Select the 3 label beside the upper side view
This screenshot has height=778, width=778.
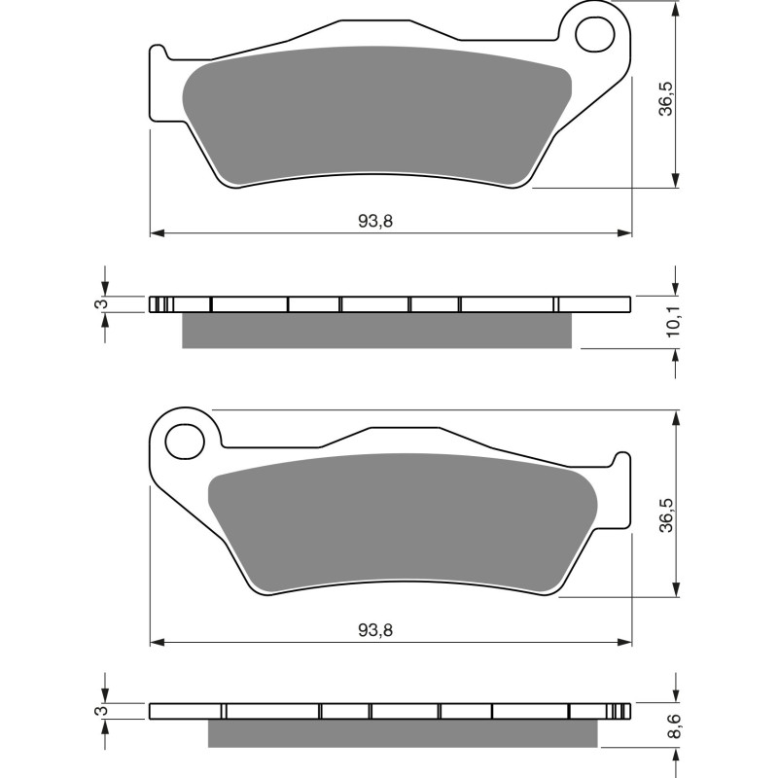pos(97,304)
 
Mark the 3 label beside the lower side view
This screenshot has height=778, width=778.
pos(97,712)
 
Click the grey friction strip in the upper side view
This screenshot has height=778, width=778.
pos(377,331)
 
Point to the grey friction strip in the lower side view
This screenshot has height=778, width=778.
pos(404,733)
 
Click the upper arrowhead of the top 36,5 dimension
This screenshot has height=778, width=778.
pos(675,8)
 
